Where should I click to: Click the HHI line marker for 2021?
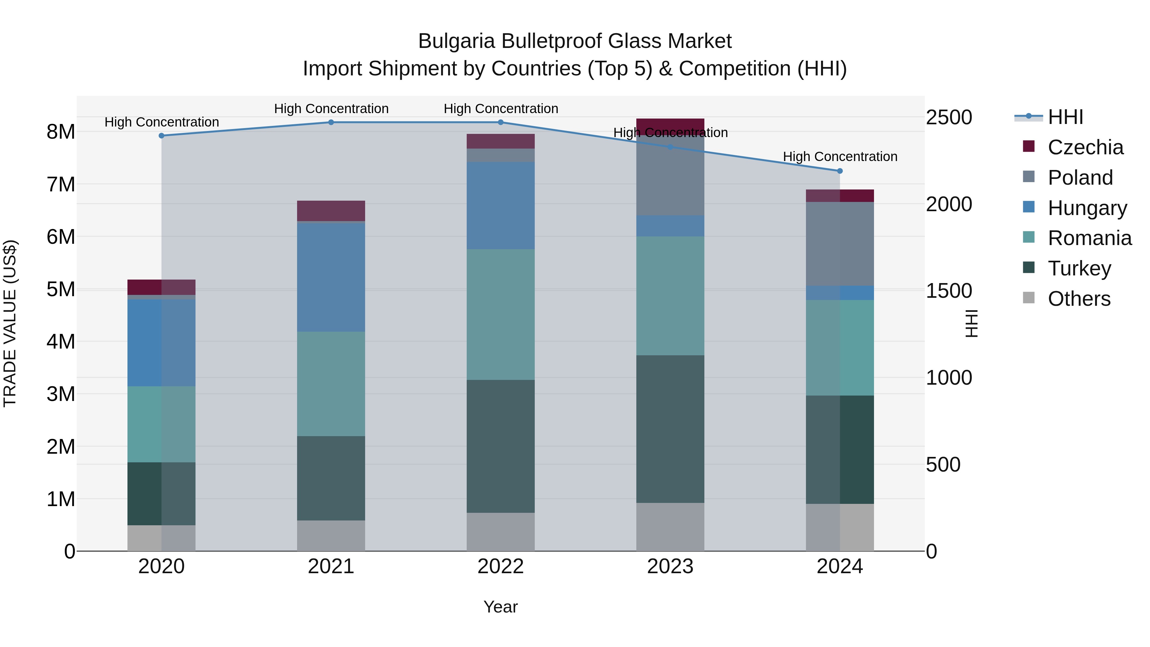coord(331,122)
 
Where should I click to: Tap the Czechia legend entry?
coord(1085,147)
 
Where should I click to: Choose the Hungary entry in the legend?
coord(1087,208)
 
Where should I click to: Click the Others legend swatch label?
coord(1078,299)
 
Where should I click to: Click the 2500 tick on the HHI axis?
coord(949,118)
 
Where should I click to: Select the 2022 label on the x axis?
coord(501,566)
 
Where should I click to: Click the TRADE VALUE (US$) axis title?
coord(10,323)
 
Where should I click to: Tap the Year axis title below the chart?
coord(501,607)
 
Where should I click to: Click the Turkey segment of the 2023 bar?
coord(670,429)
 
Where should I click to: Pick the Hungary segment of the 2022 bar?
coord(501,205)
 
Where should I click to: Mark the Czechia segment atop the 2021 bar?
coord(331,211)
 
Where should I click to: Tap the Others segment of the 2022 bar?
coord(501,531)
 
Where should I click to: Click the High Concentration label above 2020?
coord(162,122)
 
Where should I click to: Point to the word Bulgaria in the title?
coord(456,41)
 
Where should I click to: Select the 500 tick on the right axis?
coord(943,464)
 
